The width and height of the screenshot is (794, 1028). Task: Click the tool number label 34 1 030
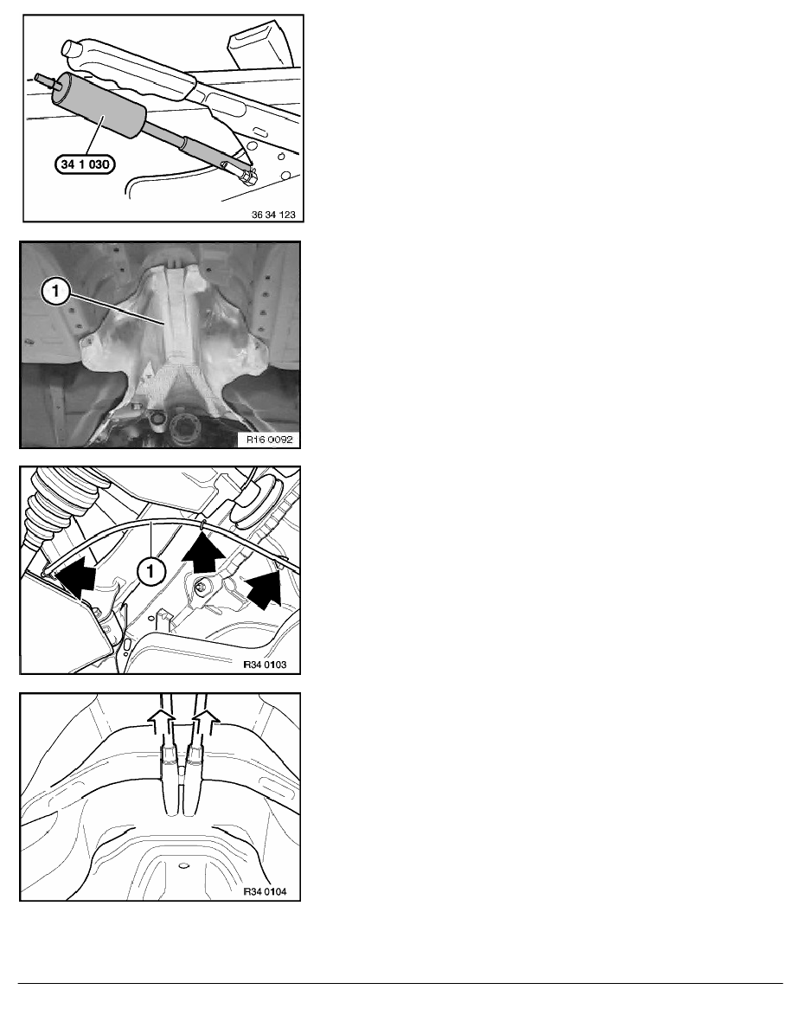[x=85, y=164]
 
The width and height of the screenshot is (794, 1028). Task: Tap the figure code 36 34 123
[x=273, y=215]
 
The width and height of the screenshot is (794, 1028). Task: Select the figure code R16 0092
[x=269, y=440]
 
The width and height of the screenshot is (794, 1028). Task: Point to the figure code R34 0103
[x=265, y=665]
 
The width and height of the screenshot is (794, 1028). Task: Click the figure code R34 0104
[x=265, y=891]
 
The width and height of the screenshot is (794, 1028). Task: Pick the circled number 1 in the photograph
[x=55, y=291]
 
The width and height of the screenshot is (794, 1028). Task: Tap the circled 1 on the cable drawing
[x=150, y=572]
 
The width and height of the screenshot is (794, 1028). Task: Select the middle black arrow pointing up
[x=204, y=552]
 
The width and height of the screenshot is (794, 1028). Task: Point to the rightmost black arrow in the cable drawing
[x=262, y=588]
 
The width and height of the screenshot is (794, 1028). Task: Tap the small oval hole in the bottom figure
[x=182, y=865]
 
